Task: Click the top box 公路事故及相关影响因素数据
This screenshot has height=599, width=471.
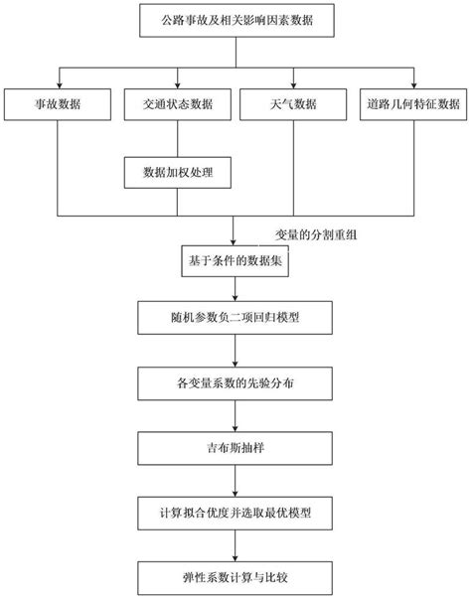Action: pyautogui.click(x=235, y=20)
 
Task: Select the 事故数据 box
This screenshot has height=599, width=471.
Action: pyautogui.click(x=57, y=103)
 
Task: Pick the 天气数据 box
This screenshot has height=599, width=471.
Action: pyautogui.click(x=294, y=103)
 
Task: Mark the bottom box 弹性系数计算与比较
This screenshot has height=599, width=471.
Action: pyautogui.click(x=235, y=575)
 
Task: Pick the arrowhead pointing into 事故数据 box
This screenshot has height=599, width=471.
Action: pyautogui.click(x=59, y=83)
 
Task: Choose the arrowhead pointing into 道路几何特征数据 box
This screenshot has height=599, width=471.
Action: pyautogui.click(x=409, y=83)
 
